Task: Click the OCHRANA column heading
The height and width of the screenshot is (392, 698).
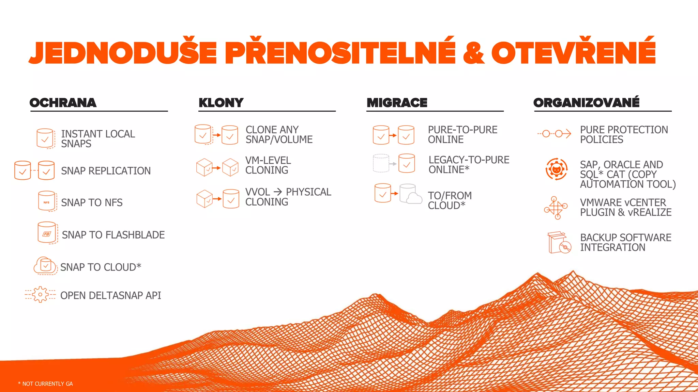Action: (x=63, y=103)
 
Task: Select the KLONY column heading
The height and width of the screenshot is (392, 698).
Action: (x=221, y=103)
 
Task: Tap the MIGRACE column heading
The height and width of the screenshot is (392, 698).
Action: (x=397, y=103)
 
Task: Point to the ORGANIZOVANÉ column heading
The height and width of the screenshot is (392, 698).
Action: (x=586, y=102)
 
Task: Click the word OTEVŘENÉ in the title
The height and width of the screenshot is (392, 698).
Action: (x=573, y=52)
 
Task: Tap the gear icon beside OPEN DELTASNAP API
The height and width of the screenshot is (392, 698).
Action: (x=41, y=295)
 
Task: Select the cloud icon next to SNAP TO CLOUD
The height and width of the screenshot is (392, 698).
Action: (x=45, y=266)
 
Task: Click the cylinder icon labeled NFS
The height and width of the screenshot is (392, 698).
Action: (x=47, y=201)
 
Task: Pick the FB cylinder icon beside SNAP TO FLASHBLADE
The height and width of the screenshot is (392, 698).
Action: (x=47, y=233)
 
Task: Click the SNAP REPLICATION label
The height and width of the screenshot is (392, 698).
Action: (x=106, y=171)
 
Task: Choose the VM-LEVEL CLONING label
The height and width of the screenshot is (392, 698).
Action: (x=268, y=165)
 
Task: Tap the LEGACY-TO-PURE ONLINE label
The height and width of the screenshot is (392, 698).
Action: (x=469, y=165)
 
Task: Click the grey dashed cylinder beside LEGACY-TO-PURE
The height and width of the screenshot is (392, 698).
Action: (x=381, y=163)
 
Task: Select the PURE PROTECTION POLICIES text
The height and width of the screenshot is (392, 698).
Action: (x=624, y=135)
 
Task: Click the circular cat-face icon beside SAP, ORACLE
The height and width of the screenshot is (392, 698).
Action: (x=556, y=169)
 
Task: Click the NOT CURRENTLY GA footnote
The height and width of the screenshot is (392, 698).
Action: (x=45, y=384)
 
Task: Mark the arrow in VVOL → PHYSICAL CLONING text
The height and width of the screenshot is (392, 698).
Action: (x=278, y=192)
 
